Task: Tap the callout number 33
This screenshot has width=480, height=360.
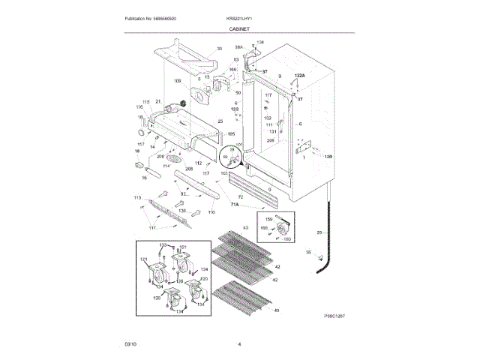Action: tap(220, 49)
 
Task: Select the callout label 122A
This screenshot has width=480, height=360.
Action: tap(299, 76)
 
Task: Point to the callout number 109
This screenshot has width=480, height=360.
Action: tap(178, 81)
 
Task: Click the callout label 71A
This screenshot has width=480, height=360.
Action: tap(234, 204)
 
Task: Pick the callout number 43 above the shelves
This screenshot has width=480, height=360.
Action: tap(244, 227)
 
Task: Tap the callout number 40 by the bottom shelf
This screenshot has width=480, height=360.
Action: tap(276, 310)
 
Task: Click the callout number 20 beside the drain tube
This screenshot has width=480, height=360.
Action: tap(319, 233)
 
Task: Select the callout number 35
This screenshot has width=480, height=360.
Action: tap(307, 253)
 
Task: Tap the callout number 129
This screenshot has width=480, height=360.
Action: tap(328, 157)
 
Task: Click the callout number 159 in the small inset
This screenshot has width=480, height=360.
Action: tap(269, 218)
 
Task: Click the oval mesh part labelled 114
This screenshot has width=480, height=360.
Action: tap(174, 160)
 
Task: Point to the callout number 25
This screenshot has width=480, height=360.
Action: tap(220, 121)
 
